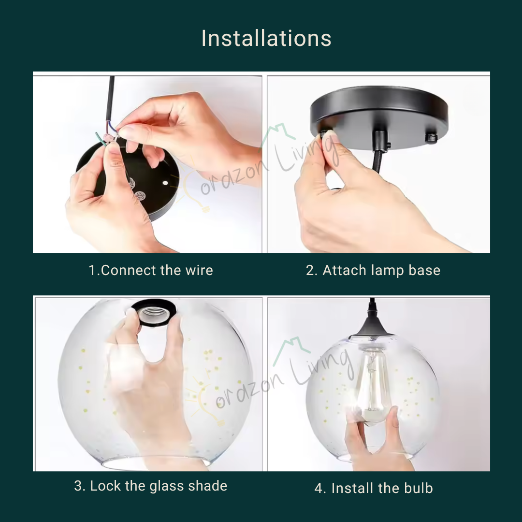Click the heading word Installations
(x=266, y=38)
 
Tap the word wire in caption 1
(x=199, y=270)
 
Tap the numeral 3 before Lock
(x=78, y=486)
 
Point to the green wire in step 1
(x=101, y=139)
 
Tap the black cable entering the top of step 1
(x=110, y=99)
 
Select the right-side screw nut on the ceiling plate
(x=431, y=138)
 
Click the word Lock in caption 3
(x=105, y=486)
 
